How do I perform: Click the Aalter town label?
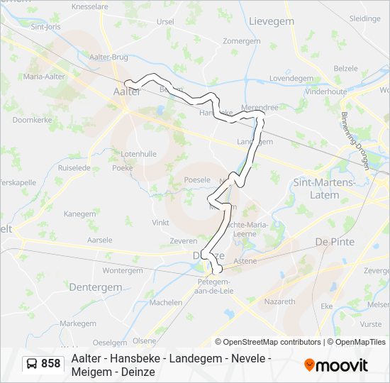pos(127,91)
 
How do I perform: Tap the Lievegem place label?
pos(272,22)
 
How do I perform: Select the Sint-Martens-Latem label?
pos(325,188)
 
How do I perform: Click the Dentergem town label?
pos(94,287)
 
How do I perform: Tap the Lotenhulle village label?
pos(139,154)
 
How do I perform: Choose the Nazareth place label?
pos(279,301)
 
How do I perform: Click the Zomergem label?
pos(242,42)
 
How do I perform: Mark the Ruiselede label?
pos(74,169)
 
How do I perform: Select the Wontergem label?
pos(122,270)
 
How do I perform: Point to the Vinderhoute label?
pos(326,91)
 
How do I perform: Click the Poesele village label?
pos(197,180)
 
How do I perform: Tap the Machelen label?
pos(165,302)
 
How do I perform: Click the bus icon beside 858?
pos(33,364)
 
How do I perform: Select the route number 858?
pos(51,364)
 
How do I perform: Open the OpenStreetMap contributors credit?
pos(274,342)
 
